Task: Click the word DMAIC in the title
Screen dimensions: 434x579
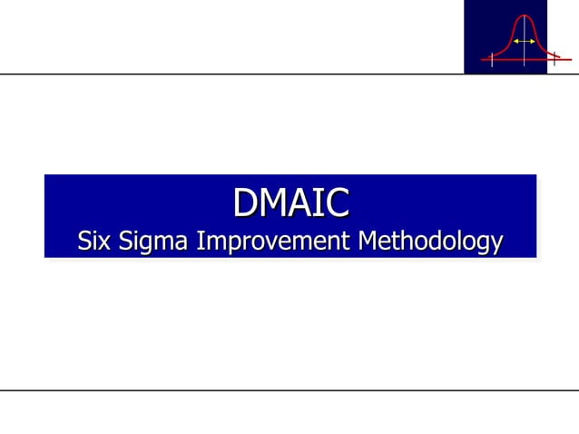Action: (290, 202)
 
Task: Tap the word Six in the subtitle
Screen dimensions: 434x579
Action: (94, 242)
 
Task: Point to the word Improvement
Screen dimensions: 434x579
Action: (275, 242)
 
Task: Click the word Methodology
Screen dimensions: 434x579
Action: (430, 242)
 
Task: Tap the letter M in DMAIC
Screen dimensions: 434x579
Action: (270, 202)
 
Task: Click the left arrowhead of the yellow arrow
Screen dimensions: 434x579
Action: (515, 41)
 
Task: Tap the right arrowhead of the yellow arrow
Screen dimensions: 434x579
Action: (533, 41)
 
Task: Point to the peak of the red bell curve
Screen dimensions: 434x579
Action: (524, 15)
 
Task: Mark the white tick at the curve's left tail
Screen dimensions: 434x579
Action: (491, 60)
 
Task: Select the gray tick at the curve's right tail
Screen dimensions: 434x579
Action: (554, 60)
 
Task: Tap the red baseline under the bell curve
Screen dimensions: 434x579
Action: (508, 58)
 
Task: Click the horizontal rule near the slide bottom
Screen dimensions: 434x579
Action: (289, 390)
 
